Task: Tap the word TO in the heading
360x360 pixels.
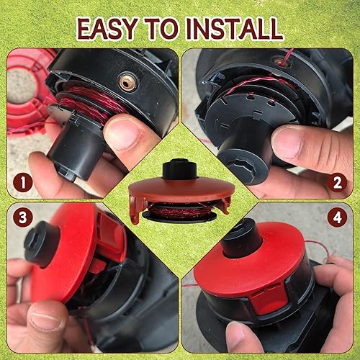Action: (163, 29)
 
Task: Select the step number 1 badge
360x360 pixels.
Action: (23, 182)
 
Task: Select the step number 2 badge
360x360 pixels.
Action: (338, 183)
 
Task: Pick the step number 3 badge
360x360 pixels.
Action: (23, 218)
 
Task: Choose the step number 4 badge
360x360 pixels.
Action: (338, 218)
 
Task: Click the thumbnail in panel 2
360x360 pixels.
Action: (288, 142)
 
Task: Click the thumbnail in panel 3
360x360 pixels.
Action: (46, 319)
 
